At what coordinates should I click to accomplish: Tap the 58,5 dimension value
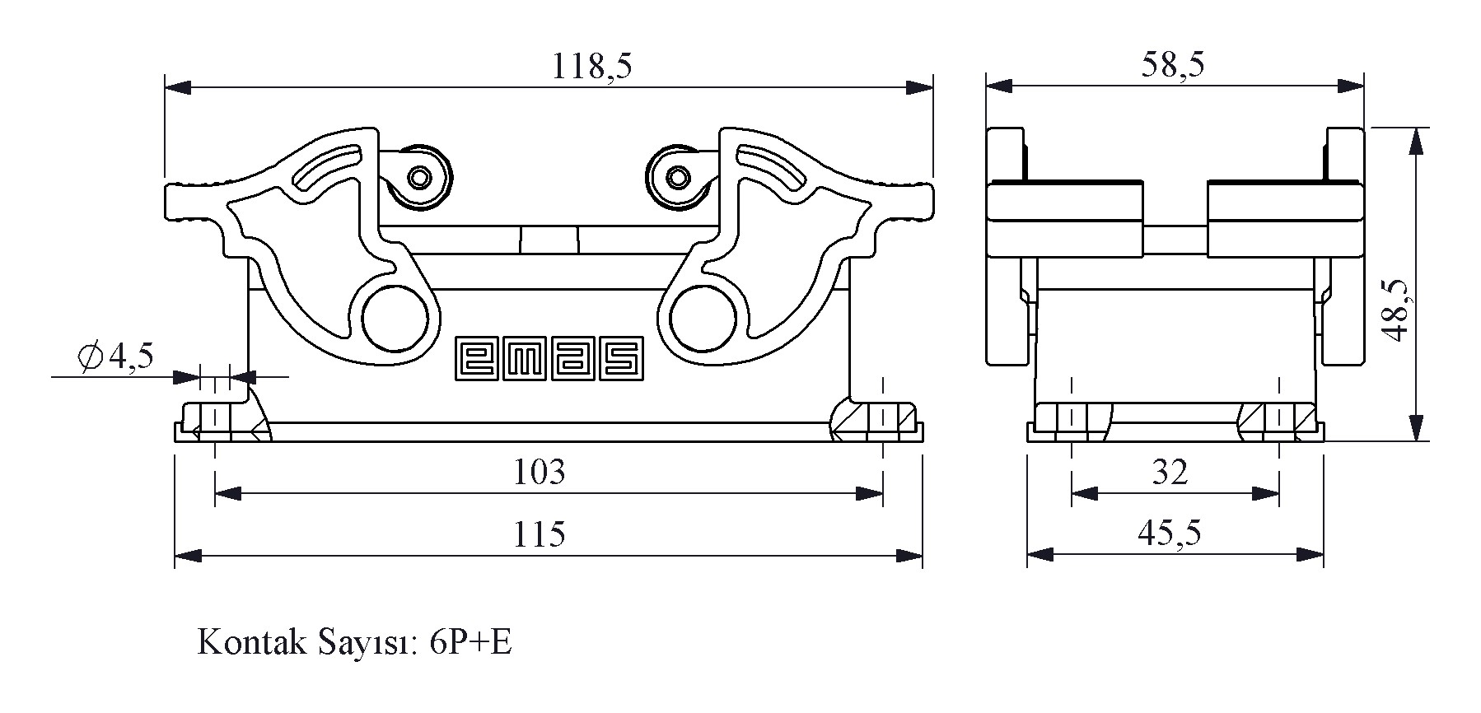tap(1173, 64)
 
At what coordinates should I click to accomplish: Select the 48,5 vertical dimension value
tap(1395, 308)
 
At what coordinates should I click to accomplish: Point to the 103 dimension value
tap(540, 472)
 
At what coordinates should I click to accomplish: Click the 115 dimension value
tap(540, 534)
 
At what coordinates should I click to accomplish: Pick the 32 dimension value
tap(1170, 472)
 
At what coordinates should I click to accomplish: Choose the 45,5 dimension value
tap(1170, 534)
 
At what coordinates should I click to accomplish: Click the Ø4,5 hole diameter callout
tap(115, 356)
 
